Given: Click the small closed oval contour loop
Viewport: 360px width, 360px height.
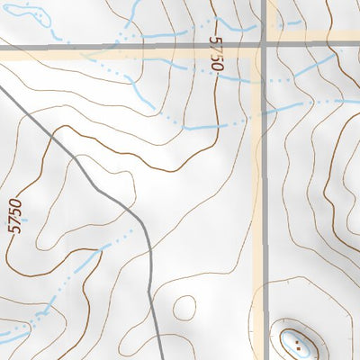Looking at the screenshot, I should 184,307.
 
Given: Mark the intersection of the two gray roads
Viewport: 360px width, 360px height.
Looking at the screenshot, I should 265,45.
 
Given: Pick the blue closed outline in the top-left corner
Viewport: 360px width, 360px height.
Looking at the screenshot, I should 22,13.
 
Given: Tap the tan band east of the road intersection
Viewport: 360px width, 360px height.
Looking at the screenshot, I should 315,37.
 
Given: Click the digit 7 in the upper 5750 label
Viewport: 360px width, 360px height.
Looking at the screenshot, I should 215,49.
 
